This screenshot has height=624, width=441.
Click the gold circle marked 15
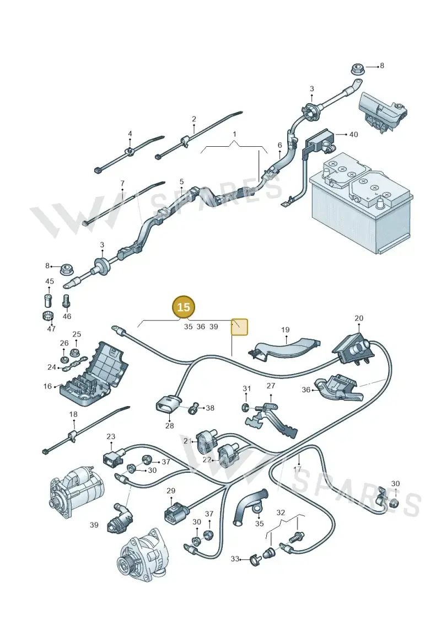click(x=184, y=307)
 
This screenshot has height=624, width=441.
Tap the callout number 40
click(x=353, y=135)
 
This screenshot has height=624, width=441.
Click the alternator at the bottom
click(x=142, y=554)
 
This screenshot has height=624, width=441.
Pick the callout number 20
click(x=359, y=318)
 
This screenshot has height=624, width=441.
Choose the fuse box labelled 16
click(x=94, y=374)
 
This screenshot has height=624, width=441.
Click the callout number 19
click(x=285, y=330)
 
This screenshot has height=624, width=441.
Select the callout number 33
click(x=235, y=559)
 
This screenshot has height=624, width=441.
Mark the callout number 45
click(x=49, y=281)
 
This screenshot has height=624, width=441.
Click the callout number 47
click(x=51, y=329)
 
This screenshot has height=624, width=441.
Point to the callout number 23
click(x=111, y=436)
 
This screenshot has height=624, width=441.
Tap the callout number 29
click(x=170, y=490)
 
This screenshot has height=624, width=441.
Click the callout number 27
click(x=271, y=386)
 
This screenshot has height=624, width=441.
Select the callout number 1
click(x=235, y=134)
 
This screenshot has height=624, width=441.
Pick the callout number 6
click(x=279, y=145)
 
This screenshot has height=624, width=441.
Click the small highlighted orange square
click(x=240, y=327)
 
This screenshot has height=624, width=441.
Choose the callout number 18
click(x=73, y=414)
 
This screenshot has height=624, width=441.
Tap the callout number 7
click(x=122, y=184)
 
